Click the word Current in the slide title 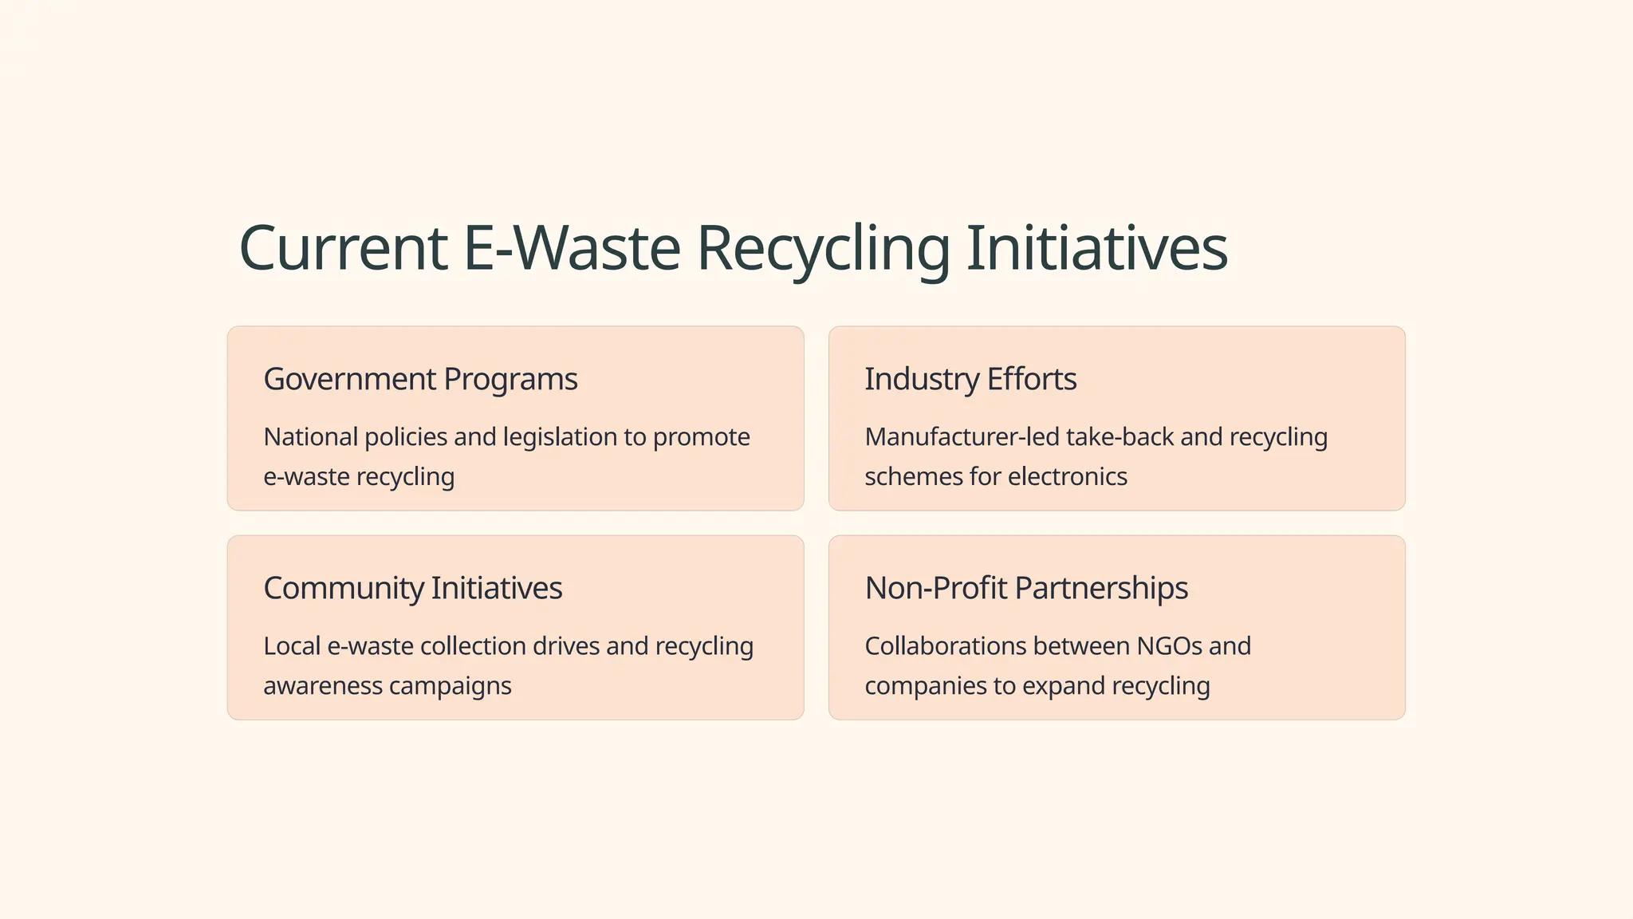click(x=343, y=248)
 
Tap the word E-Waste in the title click(x=572, y=248)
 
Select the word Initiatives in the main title click(x=1096, y=248)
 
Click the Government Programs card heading click(x=420, y=379)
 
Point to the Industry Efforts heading click(x=970, y=379)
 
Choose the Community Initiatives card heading click(x=412, y=588)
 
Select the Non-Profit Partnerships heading click(x=1026, y=588)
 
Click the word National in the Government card click(x=310, y=437)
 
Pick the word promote click(x=701, y=437)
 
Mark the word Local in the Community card click(x=292, y=646)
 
